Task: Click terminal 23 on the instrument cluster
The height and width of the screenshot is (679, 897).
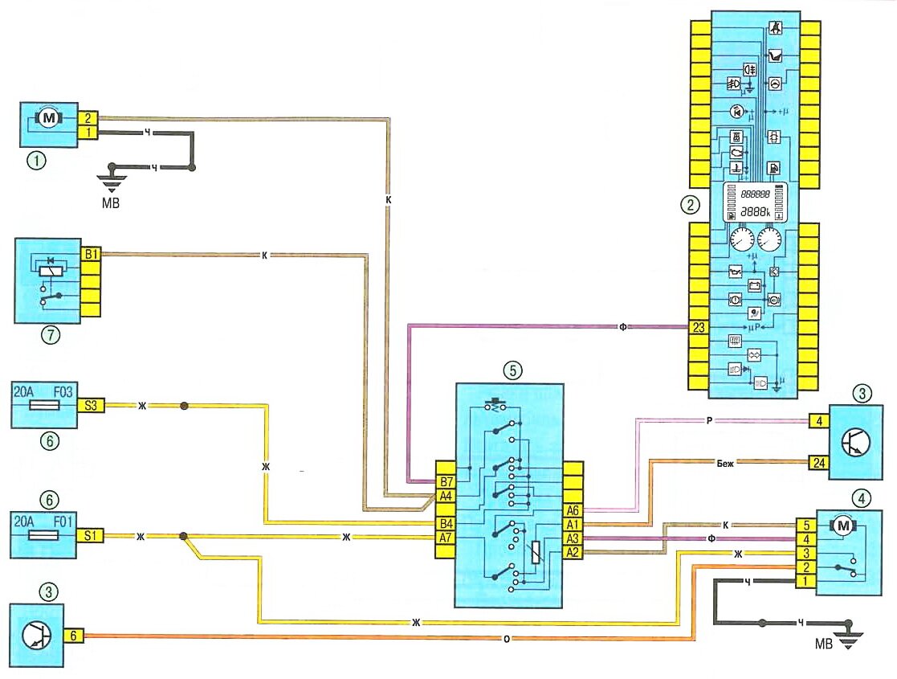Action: pos(698,327)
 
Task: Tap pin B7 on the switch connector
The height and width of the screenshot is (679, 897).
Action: pos(446,482)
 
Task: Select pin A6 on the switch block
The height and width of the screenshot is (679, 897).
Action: pos(573,510)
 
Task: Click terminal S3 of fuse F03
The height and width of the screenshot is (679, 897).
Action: pos(92,406)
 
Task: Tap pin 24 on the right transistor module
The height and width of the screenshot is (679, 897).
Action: pos(818,461)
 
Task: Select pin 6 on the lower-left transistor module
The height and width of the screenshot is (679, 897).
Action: pos(74,635)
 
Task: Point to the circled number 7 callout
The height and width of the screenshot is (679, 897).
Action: pos(51,336)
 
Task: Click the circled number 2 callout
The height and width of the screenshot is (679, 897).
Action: pos(688,204)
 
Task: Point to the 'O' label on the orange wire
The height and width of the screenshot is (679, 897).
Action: pos(508,639)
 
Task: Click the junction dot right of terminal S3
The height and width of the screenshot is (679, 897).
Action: pos(185,406)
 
